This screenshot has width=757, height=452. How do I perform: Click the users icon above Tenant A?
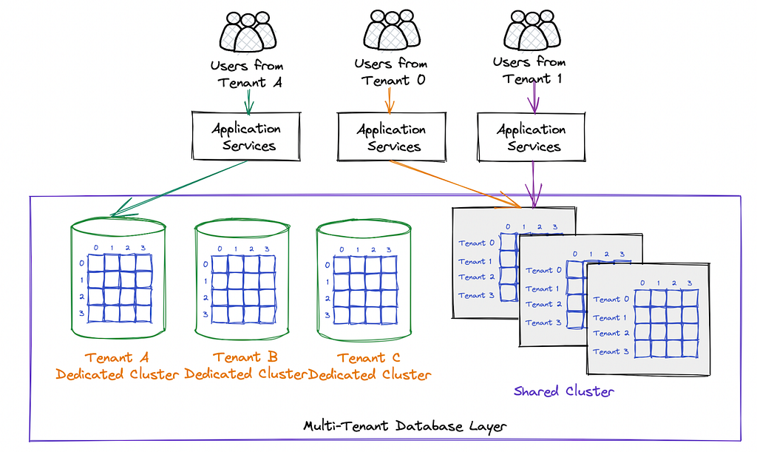248,32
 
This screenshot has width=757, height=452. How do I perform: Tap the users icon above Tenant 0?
392,30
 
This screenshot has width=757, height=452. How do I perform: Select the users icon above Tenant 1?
532,30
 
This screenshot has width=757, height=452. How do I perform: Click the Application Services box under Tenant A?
246,136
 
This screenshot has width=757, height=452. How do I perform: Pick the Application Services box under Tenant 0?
392,137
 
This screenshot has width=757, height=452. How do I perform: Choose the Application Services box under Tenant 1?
531,137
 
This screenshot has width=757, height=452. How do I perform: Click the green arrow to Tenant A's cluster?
179,189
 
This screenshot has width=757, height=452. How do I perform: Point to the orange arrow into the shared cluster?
455,184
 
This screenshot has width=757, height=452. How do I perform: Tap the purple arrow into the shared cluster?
533,184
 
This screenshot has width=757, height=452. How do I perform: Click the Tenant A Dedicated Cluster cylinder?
118,278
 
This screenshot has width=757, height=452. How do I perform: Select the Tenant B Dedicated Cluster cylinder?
242,279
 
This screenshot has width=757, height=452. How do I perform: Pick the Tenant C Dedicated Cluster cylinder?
364,280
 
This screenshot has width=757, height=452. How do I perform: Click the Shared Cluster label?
563,391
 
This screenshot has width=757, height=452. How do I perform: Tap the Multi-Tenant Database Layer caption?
405,426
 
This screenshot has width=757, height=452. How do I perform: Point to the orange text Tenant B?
245,357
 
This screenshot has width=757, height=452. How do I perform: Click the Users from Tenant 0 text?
391,72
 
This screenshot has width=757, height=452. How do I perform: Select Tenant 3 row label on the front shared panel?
611,351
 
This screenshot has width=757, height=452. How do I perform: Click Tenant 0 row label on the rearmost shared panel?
477,243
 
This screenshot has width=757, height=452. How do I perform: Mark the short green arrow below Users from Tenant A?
248,101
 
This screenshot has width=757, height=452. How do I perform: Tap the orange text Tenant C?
369,358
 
